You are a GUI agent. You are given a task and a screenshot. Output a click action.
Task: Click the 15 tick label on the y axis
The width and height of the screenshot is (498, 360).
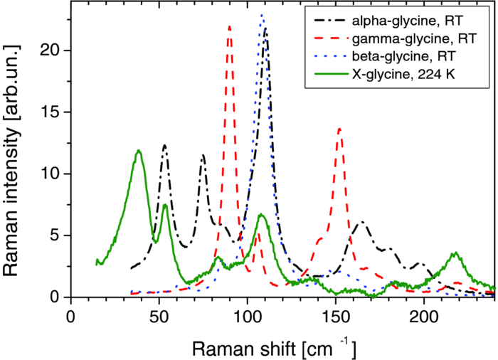pos(51,112)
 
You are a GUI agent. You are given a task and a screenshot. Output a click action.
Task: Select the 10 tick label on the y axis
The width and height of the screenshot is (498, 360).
pos(51,174)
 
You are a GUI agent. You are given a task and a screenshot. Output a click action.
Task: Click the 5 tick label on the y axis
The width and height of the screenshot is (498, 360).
pos(56,235)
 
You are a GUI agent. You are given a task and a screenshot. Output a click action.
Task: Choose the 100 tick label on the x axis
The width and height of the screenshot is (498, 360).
pos(247,314)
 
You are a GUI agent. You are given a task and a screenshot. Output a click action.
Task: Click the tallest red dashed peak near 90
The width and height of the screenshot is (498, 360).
pos(229,27)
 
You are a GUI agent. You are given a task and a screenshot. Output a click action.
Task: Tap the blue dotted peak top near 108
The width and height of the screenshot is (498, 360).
pos(262,15)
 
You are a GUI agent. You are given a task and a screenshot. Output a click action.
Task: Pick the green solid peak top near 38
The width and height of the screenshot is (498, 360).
pos(139,151)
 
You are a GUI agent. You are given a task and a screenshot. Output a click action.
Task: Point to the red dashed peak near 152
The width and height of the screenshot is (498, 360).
pos(339,129)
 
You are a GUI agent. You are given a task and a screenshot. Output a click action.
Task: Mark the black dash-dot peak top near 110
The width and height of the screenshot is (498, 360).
pos(265,29)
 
